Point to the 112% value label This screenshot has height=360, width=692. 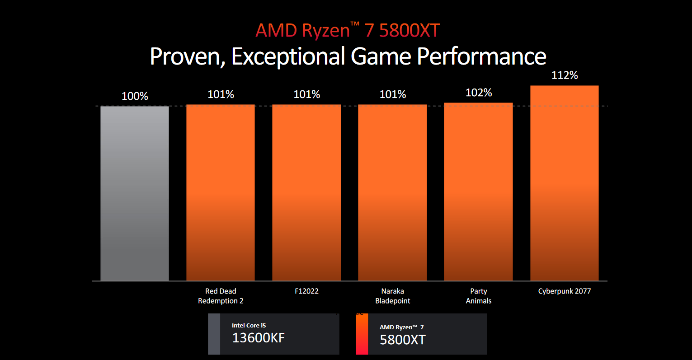pos(565,75)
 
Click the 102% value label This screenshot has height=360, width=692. pos(479,93)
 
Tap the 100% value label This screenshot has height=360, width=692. pos(135,96)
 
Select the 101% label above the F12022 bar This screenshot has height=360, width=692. pos(307,94)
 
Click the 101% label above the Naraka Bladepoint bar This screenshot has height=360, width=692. pos(393,94)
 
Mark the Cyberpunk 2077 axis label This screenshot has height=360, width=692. pos(565,291)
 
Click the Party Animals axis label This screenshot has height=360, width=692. pos(479,296)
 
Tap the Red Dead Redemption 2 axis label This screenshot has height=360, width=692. pos(221,296)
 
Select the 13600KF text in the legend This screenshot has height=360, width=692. pos(259,338)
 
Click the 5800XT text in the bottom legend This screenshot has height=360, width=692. pos(403,340)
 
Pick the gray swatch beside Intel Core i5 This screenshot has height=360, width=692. pos(214,334)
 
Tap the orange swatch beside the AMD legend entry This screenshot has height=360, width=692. pos(362,334)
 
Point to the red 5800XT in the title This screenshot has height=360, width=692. pos(409,31)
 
